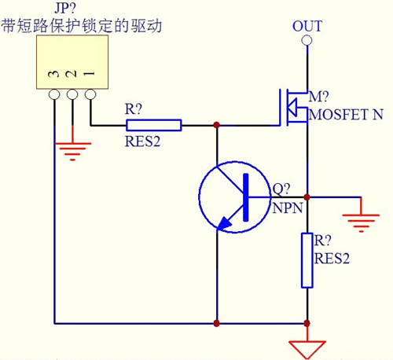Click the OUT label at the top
click(x=307, y=26)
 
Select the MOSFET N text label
click(x=347, y=115)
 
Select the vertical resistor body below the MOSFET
click(x=307, y=259)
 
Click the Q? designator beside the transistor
click(x=281, y=189)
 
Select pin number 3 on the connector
click(x=53, y=75)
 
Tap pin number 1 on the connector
click(x=90, y=75)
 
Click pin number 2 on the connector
click(x=72, y=75)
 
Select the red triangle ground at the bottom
click(x=307, y=345)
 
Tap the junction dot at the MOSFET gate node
click(x=216, y=125)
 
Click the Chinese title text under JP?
click(x=82, y=25)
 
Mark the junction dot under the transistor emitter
click(x=216, y=322)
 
